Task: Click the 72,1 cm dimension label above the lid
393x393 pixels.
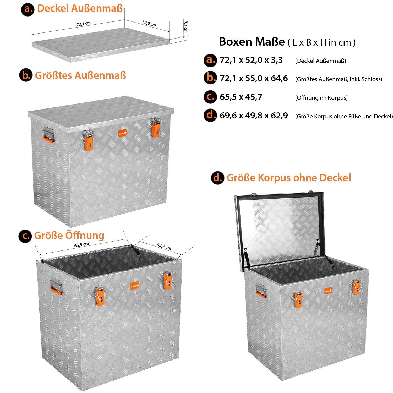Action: tap(84, 24)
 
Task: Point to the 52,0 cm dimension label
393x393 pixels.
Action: tap(149, 23)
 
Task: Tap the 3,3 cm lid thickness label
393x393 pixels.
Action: tap(185, 26)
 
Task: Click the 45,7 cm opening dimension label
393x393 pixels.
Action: tap(164, 246)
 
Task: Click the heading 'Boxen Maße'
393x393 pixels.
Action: tap(252, 42)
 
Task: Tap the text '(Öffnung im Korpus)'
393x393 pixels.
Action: tap(321, 98)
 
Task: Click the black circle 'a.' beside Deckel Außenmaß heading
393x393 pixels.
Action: tap(28, 9)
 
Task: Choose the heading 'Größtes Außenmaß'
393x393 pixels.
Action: tap(80, 75)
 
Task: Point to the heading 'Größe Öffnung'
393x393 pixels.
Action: tap(69, 235)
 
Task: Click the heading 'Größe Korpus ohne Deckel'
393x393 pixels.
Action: tap(289, 178)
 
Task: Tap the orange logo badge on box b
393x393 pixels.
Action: tap(122, 133)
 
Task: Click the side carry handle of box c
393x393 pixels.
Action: tap(56, 286)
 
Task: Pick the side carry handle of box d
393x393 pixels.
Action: tap(261, 290)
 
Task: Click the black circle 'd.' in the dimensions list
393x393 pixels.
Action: tap(210, 116)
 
